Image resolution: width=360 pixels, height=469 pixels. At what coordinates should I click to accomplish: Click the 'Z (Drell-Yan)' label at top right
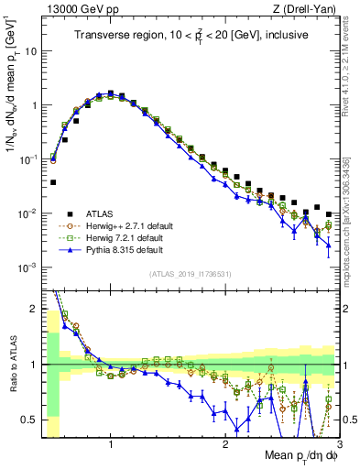[307, 8]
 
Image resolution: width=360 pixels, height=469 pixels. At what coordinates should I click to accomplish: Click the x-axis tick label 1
[111, 445]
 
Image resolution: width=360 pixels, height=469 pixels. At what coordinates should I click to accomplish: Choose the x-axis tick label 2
[225, 445]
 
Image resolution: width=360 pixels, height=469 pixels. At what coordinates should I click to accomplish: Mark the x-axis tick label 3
[338, 445]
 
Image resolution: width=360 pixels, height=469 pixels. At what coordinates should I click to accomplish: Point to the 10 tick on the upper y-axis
[31, 51]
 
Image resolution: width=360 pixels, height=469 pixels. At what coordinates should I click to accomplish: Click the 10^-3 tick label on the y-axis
[27, 267]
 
